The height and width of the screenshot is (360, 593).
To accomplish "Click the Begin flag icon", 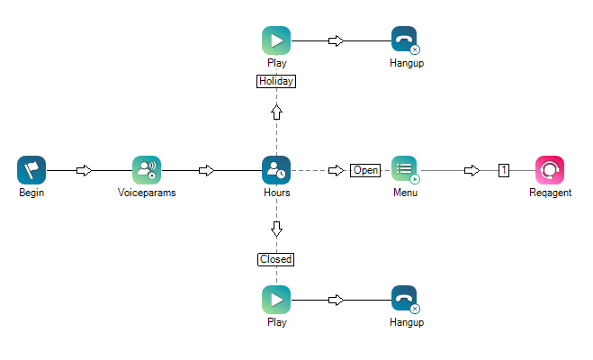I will (x=31, y=169).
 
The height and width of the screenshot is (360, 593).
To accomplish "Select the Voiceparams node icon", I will (x=147, y=169).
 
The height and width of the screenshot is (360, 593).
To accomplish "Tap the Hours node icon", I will (x=276, y=169).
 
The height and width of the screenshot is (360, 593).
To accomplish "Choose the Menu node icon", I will (x=405, y=169).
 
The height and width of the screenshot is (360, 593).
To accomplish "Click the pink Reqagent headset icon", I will (x=550, y=169).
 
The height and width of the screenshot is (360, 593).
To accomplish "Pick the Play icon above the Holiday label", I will (x=276, y=40).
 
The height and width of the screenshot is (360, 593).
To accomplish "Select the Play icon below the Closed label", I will (x=276, y=299).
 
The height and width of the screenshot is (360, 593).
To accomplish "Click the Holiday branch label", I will (x=276, y=81).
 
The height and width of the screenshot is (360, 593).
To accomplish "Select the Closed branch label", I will (x=276, y=259).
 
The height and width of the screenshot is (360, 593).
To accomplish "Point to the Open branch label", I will (x=366, y=170).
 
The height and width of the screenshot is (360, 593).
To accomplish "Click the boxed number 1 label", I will (x=505, y=170).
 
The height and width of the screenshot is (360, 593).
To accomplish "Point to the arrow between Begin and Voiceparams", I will (x=84, y=170).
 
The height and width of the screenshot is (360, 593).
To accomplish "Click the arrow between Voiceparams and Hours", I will (x=206, y=170).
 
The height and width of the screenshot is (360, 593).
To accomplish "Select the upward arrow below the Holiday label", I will (x=276, y=112).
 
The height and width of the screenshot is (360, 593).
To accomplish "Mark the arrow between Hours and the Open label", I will (x=336, y=170).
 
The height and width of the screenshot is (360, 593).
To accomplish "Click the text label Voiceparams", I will (x=147, y=193).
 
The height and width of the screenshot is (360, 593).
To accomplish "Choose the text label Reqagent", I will (x=550, y=193).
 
